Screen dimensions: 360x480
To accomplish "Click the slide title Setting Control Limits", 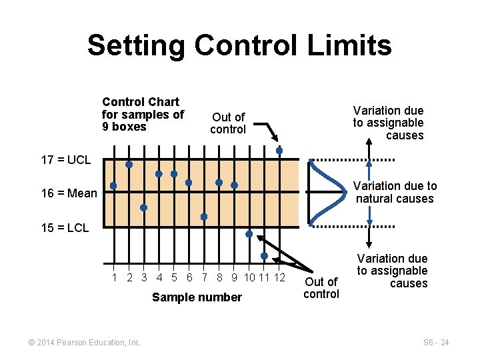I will tap(239, 45).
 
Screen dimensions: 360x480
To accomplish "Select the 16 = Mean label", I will tap(69, 194).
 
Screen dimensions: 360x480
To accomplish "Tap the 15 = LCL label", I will tap(65, 228).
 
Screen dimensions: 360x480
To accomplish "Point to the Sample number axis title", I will tap(197, 297).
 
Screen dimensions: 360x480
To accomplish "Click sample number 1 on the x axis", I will tap(115, 277).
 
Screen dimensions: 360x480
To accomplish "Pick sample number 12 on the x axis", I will tap(279, 277).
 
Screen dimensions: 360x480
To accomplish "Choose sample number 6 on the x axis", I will tap(189, 277).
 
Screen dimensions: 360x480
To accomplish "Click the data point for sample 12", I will tap(279, 151).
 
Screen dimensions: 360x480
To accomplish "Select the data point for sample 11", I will tap(264, 256).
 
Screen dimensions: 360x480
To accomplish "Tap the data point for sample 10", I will tap(249, 234).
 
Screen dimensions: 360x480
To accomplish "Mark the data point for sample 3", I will tap(143, 207).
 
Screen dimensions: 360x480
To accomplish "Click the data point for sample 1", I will tap(113, 185).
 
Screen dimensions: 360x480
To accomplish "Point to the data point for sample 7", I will tap(204, 217).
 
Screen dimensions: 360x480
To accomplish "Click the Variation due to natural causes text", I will tap(395, 192).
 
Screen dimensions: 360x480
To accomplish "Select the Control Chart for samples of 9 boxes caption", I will tap(143, 114).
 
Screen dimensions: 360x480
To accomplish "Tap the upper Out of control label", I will tap(228, 123).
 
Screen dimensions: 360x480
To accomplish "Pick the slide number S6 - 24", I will tap(436, 343).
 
